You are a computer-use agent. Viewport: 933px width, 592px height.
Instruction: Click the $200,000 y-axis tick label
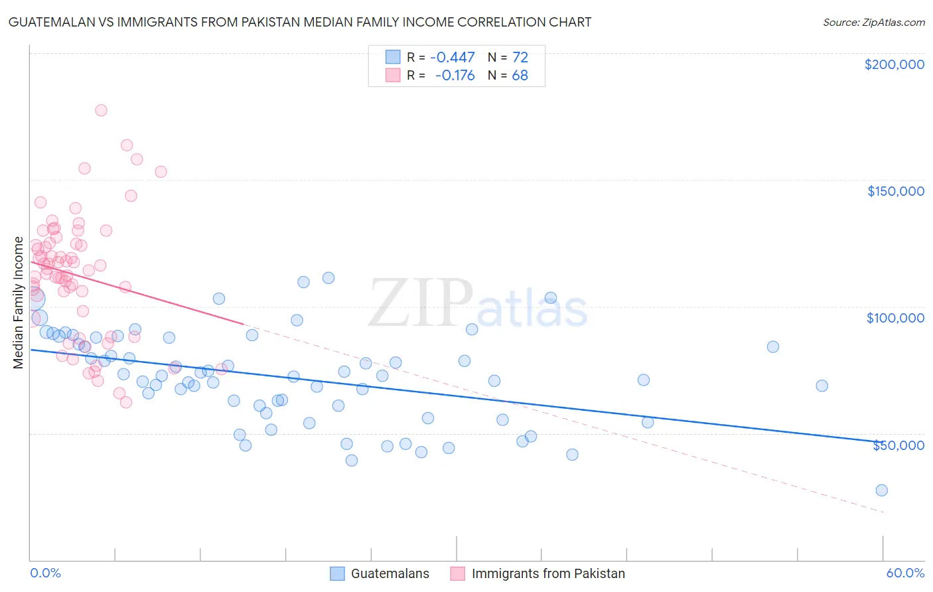coord(894,64)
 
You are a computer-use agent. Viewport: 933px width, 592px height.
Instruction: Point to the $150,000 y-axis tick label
coord(895,191)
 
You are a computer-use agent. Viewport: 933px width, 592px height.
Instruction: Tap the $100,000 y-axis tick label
coord(895,318)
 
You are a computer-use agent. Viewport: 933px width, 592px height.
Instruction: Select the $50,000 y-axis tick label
coord(898,445)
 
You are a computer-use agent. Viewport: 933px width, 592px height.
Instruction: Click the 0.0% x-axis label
coord(45,573)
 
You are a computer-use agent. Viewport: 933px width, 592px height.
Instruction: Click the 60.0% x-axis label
coord(905,573)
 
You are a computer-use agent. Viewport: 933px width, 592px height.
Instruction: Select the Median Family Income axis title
coord(19,303)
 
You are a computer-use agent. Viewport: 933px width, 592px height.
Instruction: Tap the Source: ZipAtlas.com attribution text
coord(873,22)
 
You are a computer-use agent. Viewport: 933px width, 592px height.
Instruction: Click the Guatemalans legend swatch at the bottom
coord(337,573)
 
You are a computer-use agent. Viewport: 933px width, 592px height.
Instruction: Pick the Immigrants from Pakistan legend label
coord(548,573)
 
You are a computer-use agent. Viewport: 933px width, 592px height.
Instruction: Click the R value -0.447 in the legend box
coord(453,57)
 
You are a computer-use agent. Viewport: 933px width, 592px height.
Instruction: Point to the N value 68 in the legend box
coord(520,75)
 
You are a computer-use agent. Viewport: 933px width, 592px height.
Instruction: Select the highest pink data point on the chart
coord(101,110)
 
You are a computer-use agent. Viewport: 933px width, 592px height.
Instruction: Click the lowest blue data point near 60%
coord(881,490)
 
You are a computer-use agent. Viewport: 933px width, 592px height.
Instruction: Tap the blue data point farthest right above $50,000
coord(822,386)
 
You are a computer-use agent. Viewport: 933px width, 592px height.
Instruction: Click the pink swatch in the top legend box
coord(393,75)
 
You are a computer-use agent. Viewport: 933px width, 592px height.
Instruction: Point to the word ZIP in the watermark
coord(420,304)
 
